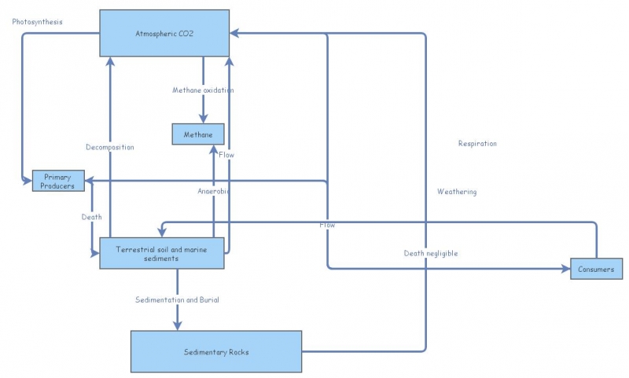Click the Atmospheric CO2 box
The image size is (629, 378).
pos(164,33)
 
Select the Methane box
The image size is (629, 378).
pos(198,134)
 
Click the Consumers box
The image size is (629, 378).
pos(597,269)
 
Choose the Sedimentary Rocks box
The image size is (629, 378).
pos(216,351)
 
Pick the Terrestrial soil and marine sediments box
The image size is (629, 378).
pos(162,253)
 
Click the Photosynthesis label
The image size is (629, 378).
pos(37,21)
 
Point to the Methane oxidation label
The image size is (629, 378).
pos(203,90)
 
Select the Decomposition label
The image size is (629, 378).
pos(110,147)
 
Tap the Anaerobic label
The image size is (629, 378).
pos(213,191)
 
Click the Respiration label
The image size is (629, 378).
pos(477,144)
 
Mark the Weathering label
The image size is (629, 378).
pos(457,192)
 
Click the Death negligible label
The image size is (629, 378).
pos(431,253)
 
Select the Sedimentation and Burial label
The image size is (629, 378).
pos(177,300)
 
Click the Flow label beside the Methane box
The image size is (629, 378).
pos(226,155)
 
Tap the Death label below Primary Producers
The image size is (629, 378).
pos(91,217)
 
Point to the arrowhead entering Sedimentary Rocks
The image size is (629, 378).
pos(177,325)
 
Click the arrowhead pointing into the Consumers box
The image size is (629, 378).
pos(565,269)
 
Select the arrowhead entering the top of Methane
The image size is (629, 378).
pos(203,119)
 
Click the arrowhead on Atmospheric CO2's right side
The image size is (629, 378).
pos(235,33)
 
